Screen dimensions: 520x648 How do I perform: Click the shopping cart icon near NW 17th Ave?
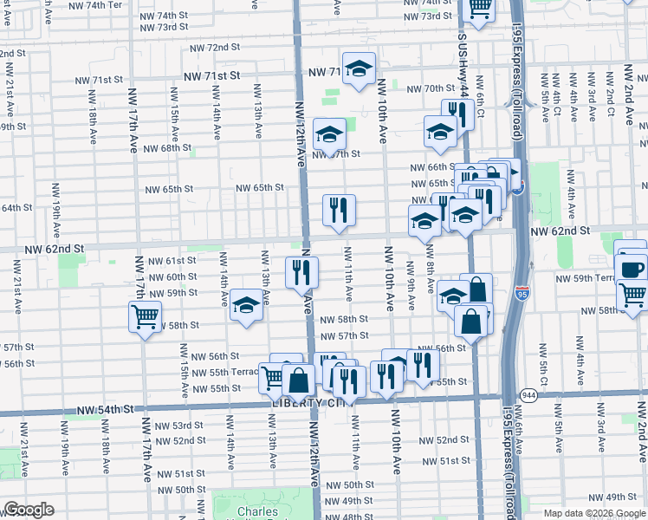pos(145,315)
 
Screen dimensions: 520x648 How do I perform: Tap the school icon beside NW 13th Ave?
pos(247,305)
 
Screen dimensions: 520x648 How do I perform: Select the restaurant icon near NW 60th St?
pos(302,272)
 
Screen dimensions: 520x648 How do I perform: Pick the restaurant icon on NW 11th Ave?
pos(339,210)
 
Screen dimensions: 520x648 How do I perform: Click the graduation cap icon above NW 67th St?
pos(328,134)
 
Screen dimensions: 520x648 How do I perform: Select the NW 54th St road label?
pos(105,409)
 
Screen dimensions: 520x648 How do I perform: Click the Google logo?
pos(29,510)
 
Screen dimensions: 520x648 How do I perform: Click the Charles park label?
pos(258,511)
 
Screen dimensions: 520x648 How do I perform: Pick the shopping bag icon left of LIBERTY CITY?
pos(298,380)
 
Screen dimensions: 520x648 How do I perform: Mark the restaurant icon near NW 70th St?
pos(457,114)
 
